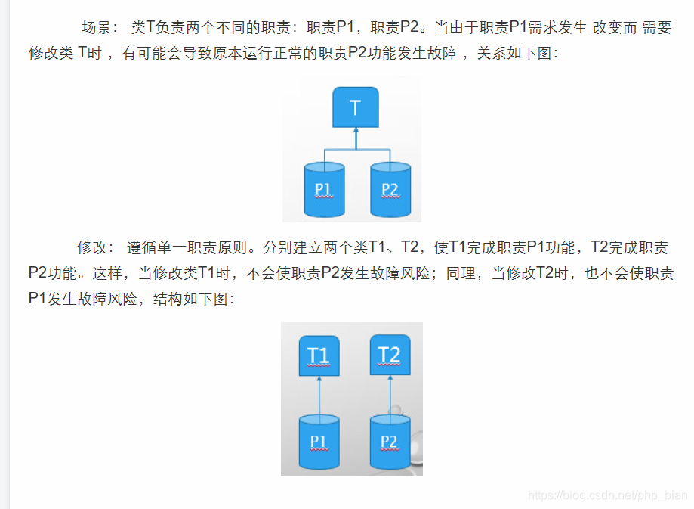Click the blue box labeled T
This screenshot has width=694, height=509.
point(355,107)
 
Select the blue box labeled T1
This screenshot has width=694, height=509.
point(319,355)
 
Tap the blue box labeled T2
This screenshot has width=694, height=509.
point(390,354)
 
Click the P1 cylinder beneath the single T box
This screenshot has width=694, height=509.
point(324,188)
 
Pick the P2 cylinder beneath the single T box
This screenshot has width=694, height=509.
point(390,188)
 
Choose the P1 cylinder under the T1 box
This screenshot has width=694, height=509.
point(319,441)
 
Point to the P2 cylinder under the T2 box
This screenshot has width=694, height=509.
point(390,441)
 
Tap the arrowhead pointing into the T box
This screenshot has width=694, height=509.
point(356,132)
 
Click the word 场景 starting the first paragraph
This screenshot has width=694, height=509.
point(96,28)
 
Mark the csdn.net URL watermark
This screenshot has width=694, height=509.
point(608,495)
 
